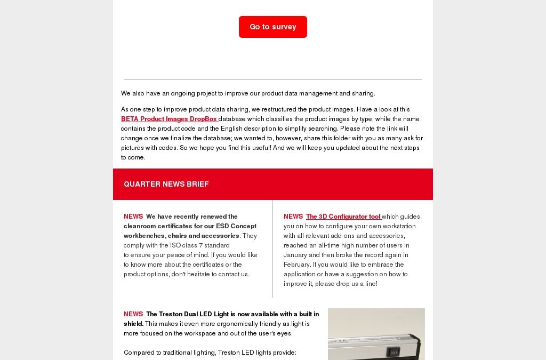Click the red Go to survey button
[x=272, y=27]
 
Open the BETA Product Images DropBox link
[x=169, y=119]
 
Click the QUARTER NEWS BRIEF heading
[x=166, y=184]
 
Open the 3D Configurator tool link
[x=343, y=217]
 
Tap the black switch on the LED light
[x=394, y=352]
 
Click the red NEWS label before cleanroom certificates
[x=133, y=217]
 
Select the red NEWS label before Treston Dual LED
[x=133, y=314]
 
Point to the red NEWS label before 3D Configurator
[x=293, y=217]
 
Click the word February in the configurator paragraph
[x=298, y=265]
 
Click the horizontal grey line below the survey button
[x=272, y=79]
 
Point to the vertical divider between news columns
[x=272, y=249]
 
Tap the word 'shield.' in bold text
[x=133, y=324]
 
